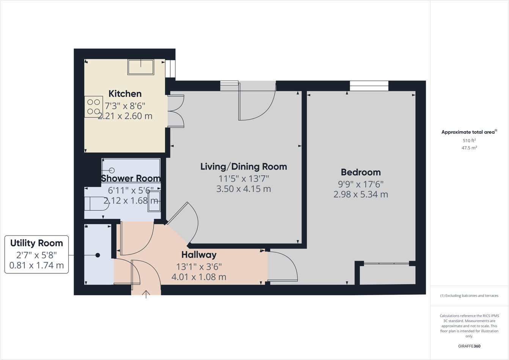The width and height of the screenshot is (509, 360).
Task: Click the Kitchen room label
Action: [x=125, y=94]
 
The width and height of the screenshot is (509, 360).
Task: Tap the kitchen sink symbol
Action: [x=141, y=67]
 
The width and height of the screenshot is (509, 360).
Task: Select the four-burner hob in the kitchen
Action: [x=93, y=107]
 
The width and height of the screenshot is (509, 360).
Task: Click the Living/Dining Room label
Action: [x=244, y=167]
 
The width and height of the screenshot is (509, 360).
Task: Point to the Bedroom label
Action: [x=361, y=172]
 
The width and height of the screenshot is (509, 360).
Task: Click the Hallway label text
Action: [x=199, y=255]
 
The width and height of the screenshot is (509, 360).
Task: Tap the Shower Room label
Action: [x=130, y=178]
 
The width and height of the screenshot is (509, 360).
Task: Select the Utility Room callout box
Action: [x=36, y=254]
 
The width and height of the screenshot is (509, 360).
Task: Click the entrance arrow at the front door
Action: [x=146, y=294]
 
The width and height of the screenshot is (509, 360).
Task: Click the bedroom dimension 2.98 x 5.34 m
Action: [x=361, y=195]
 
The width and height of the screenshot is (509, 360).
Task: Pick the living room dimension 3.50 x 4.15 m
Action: [x=244, y=189]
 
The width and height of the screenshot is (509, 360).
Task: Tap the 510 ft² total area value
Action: [x=469, y=140]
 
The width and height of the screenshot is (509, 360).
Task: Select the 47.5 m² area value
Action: [x=469, y=148]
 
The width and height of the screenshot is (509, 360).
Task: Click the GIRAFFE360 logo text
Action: [x=469, y=346]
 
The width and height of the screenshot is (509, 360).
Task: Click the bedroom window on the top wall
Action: [x=369, y=86]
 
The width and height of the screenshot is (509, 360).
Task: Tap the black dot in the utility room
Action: [x=97, y=255]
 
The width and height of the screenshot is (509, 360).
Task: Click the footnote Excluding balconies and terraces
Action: [x=469, y=296]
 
